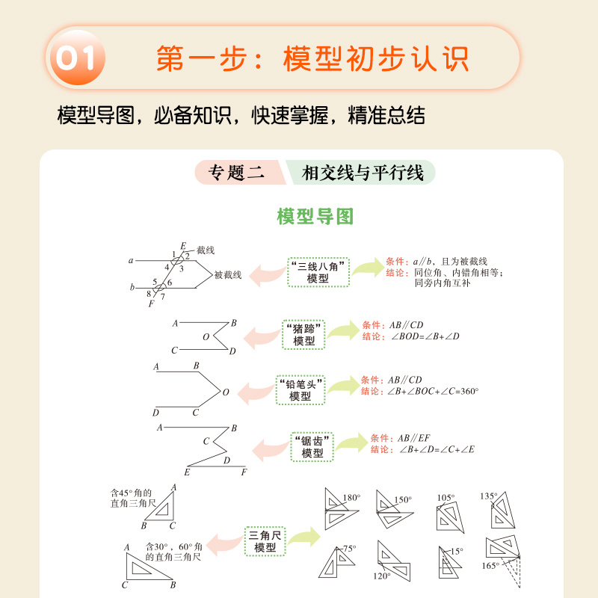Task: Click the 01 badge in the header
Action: [75, 58]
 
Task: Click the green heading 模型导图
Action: [315, 217]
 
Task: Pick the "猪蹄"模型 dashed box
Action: [304, 334]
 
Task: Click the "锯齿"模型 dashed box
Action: [312, 446]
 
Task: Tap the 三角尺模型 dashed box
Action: [265, 541]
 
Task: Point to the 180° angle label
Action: [351, 496]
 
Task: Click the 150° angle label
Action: [403, 500]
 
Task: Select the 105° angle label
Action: [446, 497]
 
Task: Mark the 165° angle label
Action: [490, 566]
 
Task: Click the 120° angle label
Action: [382, 576]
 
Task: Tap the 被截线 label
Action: [228, 275]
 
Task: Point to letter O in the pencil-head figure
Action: [225, 392]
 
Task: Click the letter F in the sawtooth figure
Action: [243, 472]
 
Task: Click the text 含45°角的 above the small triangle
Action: [131, 493]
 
